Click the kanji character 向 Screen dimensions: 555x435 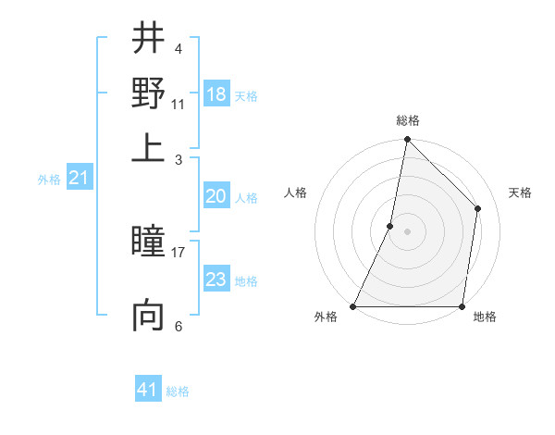pyautogui.click(x=148, y=315)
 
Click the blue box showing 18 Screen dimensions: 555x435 pyautogui.click(x=216, y=94)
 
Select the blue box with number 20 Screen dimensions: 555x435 pyautogui.click(x=216, y=196)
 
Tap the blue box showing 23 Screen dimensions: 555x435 pyautogui.click(x=216, y=280)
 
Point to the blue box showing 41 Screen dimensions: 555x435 pyautogui.click(x=148, y=390)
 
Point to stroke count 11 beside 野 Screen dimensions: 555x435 pyautogui.click(x=179, y=103)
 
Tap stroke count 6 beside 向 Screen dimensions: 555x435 pyautogui.click(x=179, y=326)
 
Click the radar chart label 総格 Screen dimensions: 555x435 pyautogui.click(x=408, y=120)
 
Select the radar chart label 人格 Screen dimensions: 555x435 pyautogui.click(x=296, y=193)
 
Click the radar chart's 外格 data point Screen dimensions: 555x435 pyautogui.click(x=353, y=306)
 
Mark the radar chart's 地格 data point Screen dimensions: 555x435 pyautogui.click(x=462, y=306)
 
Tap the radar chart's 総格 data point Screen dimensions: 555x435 pyautogui.click(x=407, y=141)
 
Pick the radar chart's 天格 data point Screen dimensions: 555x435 pyautogui.click(x=478, y=208)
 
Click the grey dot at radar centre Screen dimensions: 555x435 pyautogui.click(x=407, y=231)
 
